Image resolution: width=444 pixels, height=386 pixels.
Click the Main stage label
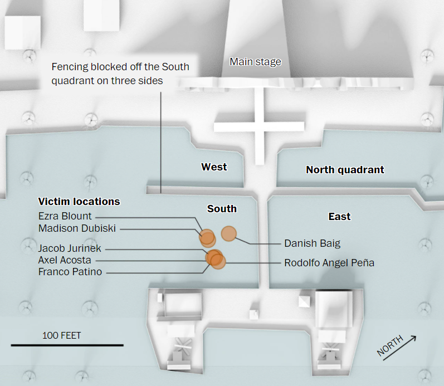255,62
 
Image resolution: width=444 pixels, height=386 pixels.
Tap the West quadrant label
214,167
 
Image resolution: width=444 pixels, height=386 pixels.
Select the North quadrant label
345,170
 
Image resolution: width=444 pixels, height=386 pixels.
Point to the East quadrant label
339,216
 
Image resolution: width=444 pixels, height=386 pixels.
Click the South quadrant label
222,209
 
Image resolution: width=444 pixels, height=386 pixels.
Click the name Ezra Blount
65,216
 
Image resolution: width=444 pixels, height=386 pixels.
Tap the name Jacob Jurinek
70,248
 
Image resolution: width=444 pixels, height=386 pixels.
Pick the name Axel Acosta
65,260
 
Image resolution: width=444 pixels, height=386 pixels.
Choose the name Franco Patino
70,272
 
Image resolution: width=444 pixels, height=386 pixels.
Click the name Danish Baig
312,243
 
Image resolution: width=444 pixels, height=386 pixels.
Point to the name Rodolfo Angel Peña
329,262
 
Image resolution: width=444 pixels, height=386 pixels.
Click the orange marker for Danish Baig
229,234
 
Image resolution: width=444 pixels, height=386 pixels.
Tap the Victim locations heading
79,201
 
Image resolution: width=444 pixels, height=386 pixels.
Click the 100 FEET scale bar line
67,345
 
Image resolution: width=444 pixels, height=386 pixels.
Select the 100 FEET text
61,335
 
